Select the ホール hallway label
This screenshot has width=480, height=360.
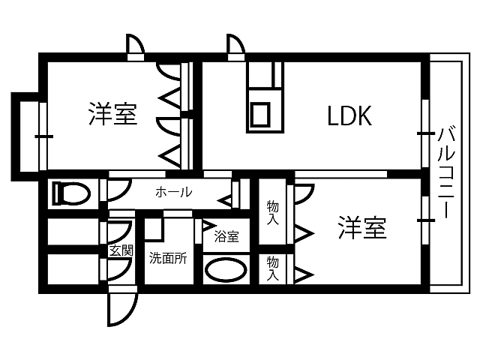[x=173, y=193]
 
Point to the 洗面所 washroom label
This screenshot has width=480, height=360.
[x=167, y=259]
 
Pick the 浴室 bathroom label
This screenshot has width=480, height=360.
[x=226, y=237]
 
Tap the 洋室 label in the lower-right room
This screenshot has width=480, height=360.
[x=361, y=227]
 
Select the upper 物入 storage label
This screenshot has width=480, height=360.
[x=273, y=212]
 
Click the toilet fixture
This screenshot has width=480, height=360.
[x=70, y=195]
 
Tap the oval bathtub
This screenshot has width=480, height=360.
[x=225, y=270]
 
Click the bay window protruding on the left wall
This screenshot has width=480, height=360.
[x=26, y=135]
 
